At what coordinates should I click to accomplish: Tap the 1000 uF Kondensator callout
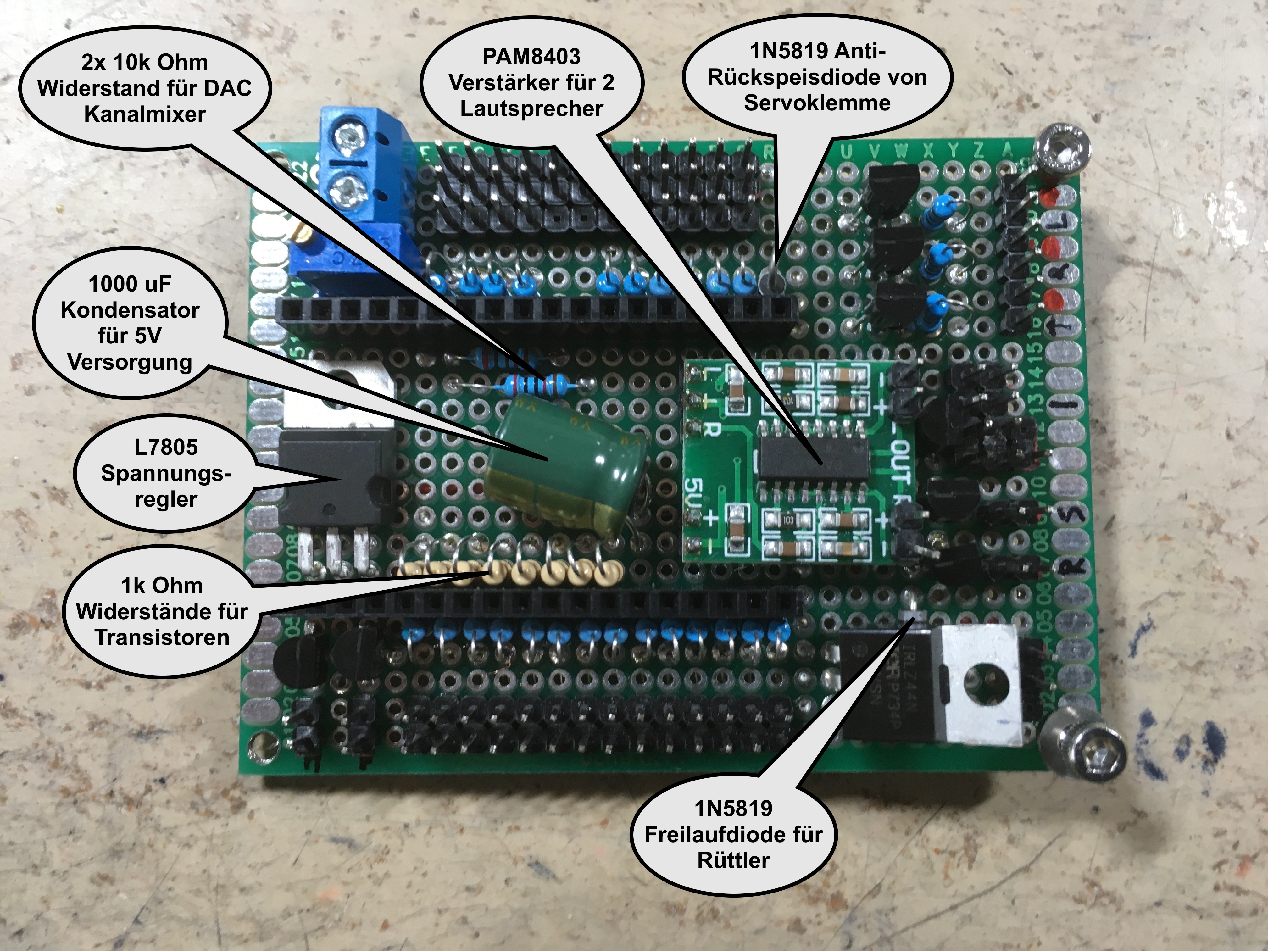(x=130, y=323)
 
